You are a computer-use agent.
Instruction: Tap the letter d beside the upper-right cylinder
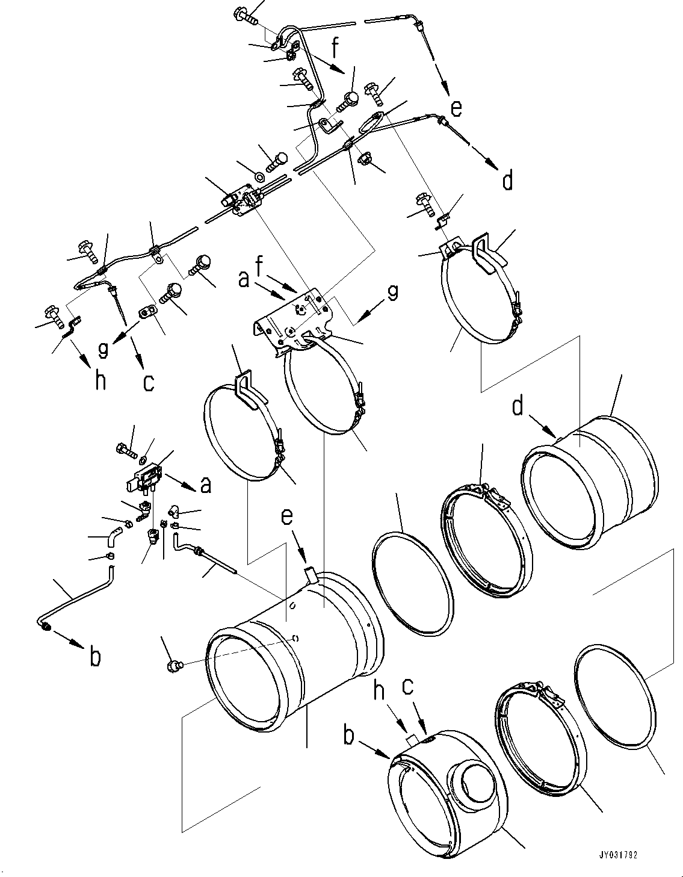point(517,408)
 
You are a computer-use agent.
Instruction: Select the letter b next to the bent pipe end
point(95,657)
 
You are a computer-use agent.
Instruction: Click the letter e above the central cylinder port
point(288,516)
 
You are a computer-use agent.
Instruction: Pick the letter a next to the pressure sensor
point(206,485)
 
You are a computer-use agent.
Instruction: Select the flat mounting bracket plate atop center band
point(292,319)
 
